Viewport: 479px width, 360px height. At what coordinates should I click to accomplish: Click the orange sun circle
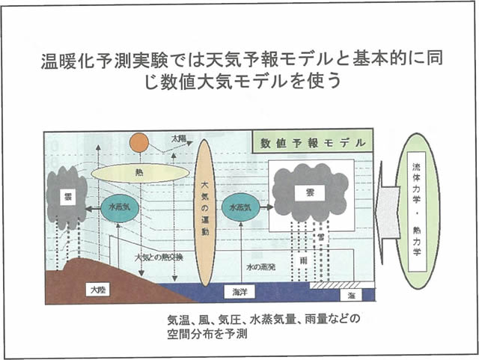click(x=138, y=142)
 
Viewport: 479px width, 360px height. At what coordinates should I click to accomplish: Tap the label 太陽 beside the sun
click(x=179, y=139)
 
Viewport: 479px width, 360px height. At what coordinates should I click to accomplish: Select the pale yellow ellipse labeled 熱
click(x=140, y=173)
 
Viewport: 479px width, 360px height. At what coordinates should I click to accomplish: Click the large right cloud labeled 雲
click(x=310, y=192)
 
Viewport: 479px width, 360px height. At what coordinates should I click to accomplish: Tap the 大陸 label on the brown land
click(x=97, y=288)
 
